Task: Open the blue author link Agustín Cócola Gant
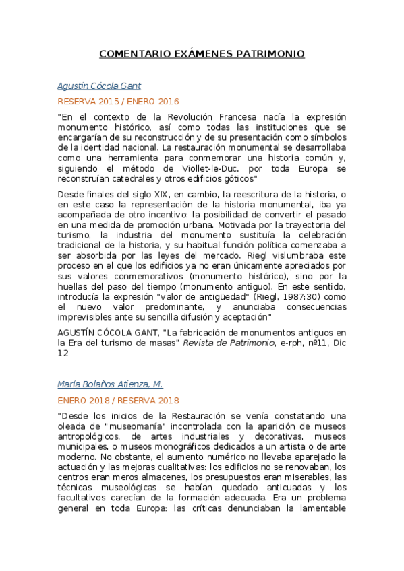[x=99, y=86]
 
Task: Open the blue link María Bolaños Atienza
[x=110, y=384]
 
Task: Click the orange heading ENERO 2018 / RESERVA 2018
[x=117, y=400]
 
